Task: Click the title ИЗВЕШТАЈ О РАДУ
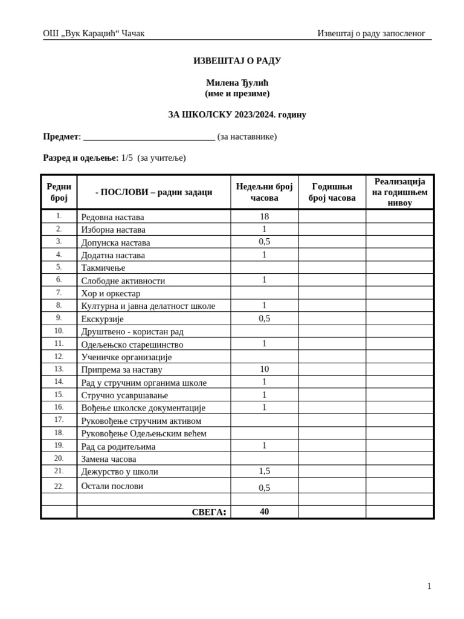(x=237, y=61)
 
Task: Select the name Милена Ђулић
(x=237, y=83)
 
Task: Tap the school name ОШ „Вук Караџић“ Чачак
(x=94, y=34)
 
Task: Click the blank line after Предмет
(x=149, y=137)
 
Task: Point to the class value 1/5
(x=127, y=158)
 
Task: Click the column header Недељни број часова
(x=264, y=192)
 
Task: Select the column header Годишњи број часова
(x=332, y=192)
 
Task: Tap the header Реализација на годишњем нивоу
(x=399, y=192)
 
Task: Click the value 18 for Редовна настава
(x=264, y=216)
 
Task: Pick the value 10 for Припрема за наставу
(x=264, y=369)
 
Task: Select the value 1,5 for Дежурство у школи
(x=264, y=471)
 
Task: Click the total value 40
(x=264, y=512)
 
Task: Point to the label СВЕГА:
(x=209, y=513)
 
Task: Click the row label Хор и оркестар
(x=111, y=294)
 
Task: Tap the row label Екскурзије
(x=102, y=319)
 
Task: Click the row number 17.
(x=59, y=420)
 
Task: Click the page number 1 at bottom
(x=429, y=586)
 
